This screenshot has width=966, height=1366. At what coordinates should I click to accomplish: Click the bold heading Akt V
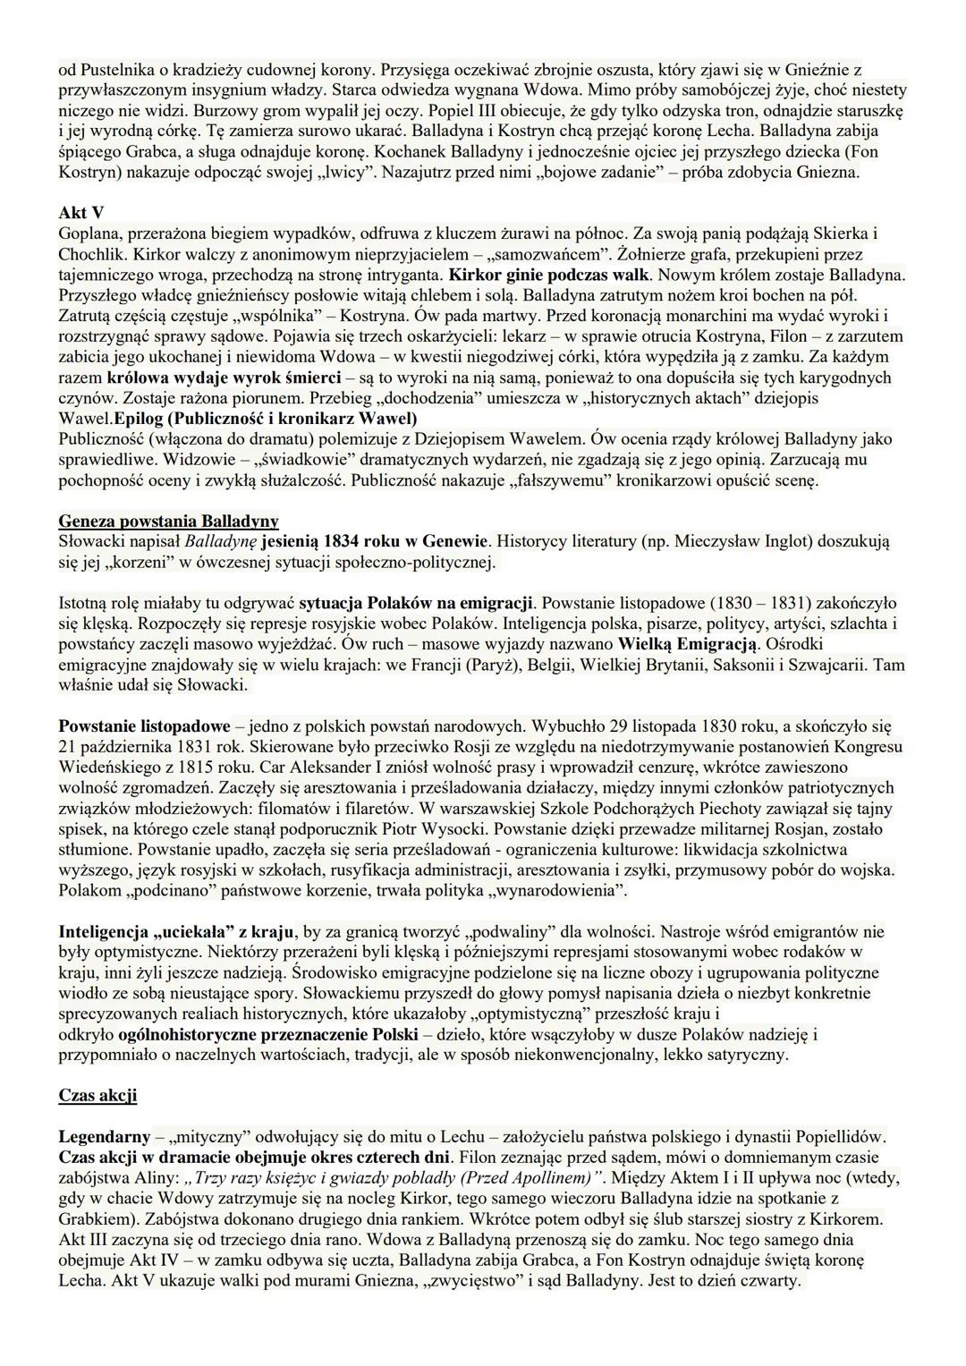[80, 212]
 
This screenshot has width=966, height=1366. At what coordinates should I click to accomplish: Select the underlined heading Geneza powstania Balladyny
[168, 521]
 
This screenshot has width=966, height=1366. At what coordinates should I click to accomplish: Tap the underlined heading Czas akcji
[97, 1094]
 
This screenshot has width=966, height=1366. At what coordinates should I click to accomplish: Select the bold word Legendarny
[105, 1136]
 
